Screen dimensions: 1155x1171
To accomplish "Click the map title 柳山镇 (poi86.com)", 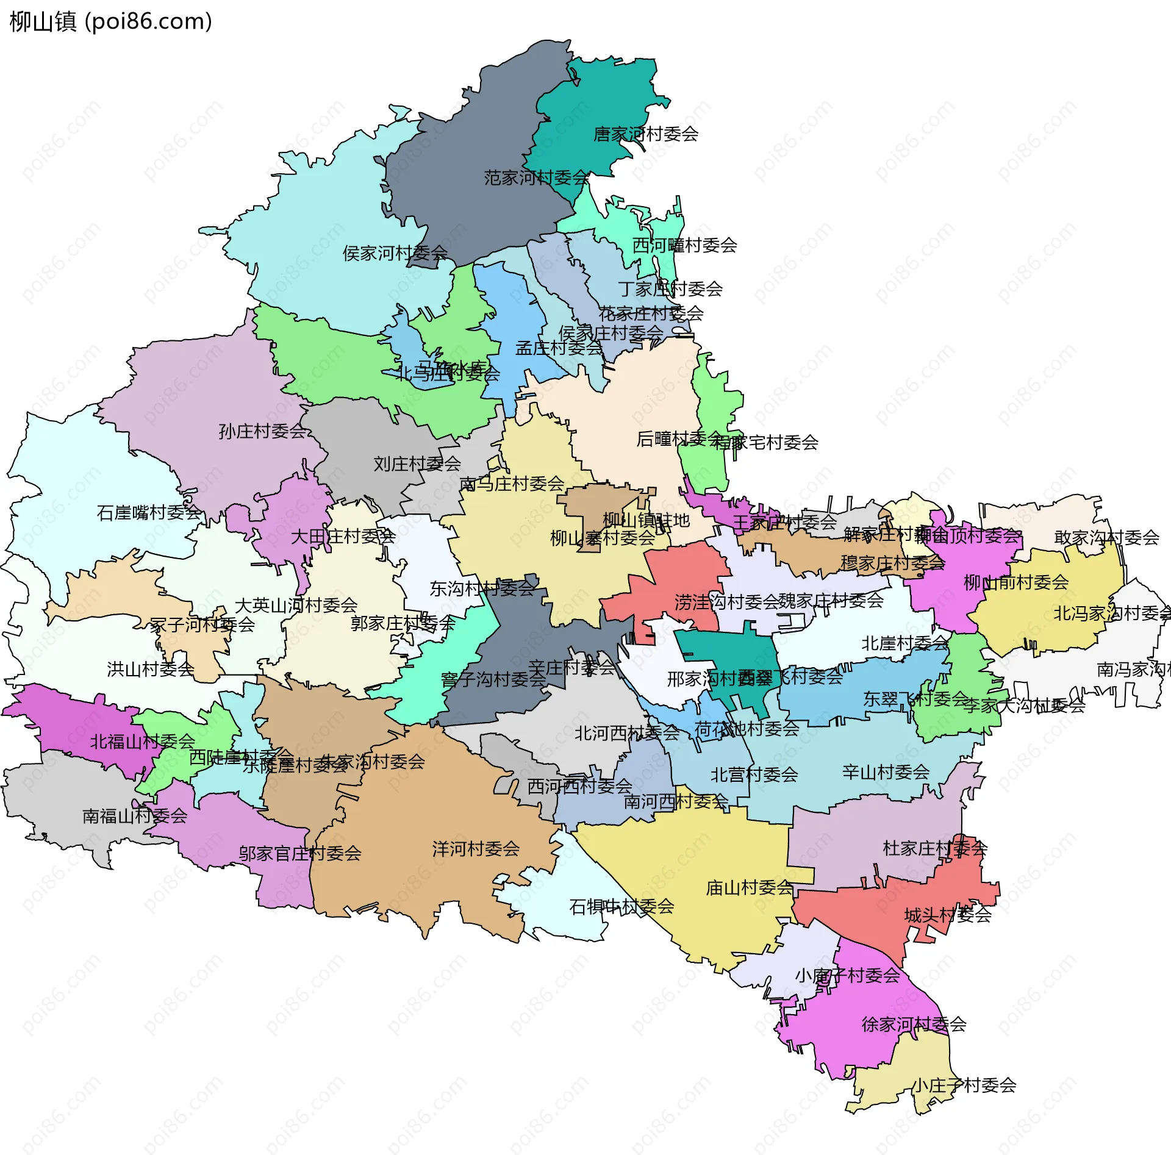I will (x=111, y=22).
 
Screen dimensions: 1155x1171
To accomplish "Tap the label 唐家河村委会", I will (x=645, y=134).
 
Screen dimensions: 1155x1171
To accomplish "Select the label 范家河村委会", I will (x=536, y=178).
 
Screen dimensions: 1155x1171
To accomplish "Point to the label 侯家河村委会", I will (x=395, y=253).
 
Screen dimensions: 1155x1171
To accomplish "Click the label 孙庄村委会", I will (x=262, y=432).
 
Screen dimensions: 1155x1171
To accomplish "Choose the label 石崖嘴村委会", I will (x=149, y=513).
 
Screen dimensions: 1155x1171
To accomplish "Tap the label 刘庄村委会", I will (x=417, y=464).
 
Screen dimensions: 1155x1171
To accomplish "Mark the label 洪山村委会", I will (x=151, y=670).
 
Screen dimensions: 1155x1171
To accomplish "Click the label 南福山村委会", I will (x=135, y=816).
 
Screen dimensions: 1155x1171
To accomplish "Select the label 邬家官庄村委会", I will (x=300, y=854).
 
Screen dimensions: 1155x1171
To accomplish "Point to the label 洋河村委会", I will (x=476, y=849).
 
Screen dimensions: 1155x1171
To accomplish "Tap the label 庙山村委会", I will (x=750, y=888).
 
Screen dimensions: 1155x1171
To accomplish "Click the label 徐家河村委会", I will (x=914, y=1024).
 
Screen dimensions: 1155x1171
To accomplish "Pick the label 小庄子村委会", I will (x=964, y=1085).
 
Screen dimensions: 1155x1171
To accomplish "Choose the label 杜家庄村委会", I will (x=935, y=848).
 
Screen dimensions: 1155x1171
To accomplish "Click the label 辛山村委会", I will (x=886, y=773).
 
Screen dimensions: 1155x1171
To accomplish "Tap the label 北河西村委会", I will (x=626, y=733).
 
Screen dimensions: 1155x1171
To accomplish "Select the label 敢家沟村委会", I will (x=1106, y=538).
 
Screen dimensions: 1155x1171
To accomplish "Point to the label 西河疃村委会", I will (x=684, y=246).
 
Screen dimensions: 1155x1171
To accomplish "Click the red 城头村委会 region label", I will (x=948, y=915).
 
